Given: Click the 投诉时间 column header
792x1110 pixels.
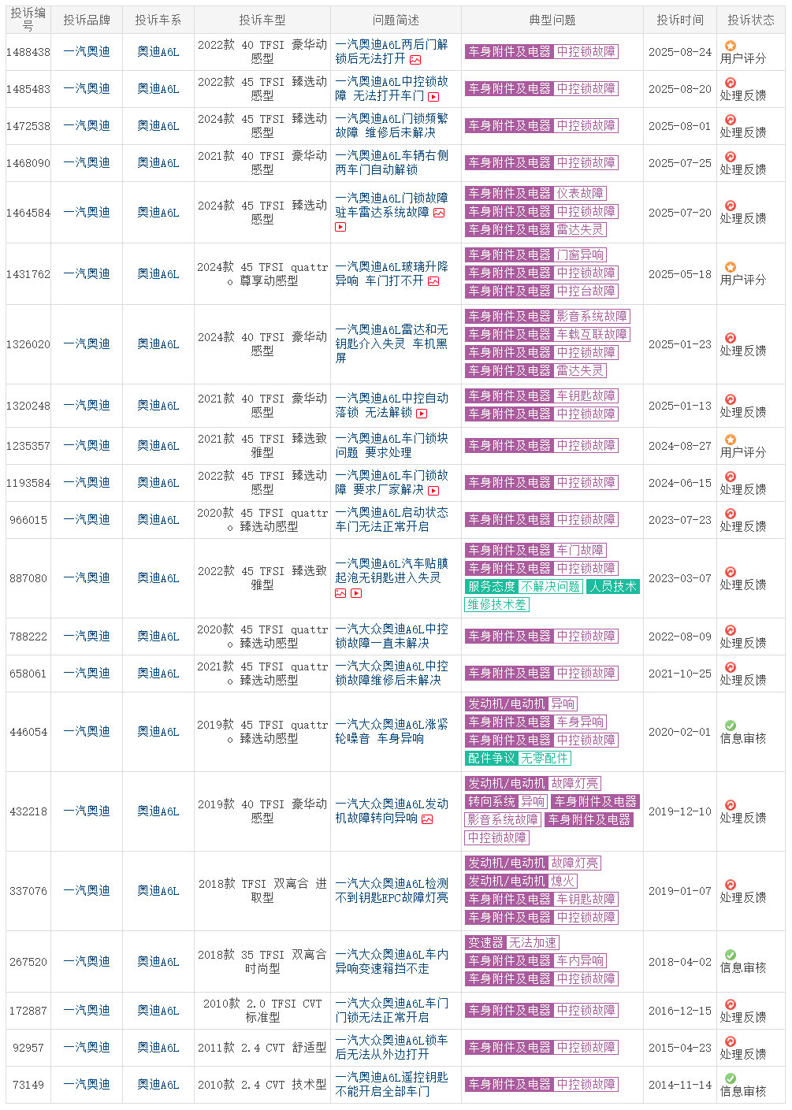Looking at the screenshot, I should pos(679,20).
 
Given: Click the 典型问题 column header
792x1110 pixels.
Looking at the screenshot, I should pos(552,20).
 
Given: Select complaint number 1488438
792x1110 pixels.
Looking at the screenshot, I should pos(28,52).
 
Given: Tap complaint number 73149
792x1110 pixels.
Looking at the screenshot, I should pos(28,1085).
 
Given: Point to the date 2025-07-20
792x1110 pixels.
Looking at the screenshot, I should pos(679,213).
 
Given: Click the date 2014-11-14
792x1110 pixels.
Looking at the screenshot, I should pos(679,1085).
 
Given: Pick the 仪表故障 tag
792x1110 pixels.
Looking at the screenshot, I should pos(580,193).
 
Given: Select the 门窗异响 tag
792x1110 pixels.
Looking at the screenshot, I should pos(580,254).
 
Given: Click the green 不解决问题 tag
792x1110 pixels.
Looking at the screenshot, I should pos(550,586).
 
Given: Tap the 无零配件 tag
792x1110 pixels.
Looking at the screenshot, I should pos(544,758).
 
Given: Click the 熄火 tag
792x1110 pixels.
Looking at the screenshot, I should pos(563,881).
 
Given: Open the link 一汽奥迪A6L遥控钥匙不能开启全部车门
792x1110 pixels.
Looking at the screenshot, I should pos(392,1084).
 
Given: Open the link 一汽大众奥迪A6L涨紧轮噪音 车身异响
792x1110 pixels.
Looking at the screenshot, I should pos(392,731).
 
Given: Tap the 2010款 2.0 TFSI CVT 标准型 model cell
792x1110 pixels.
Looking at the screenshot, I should pos(262,1010).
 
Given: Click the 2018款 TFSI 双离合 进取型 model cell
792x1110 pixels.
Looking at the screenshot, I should pos(262,890).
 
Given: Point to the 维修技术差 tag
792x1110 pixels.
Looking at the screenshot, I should pos(496,604).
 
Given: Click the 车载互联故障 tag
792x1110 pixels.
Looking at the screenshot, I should pos(592,334).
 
